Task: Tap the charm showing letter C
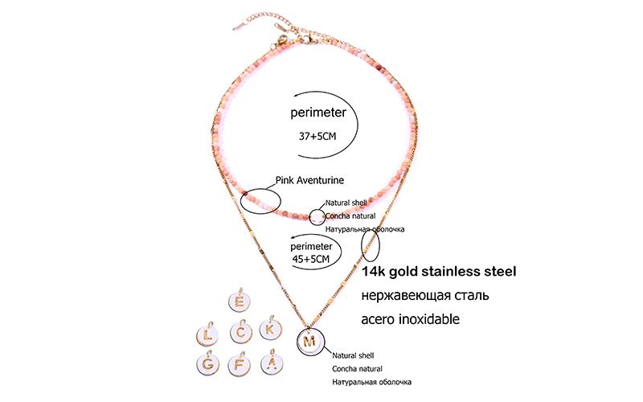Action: pos(241,331)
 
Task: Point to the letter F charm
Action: pos(240,364)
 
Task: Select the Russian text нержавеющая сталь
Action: pos(426,295)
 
